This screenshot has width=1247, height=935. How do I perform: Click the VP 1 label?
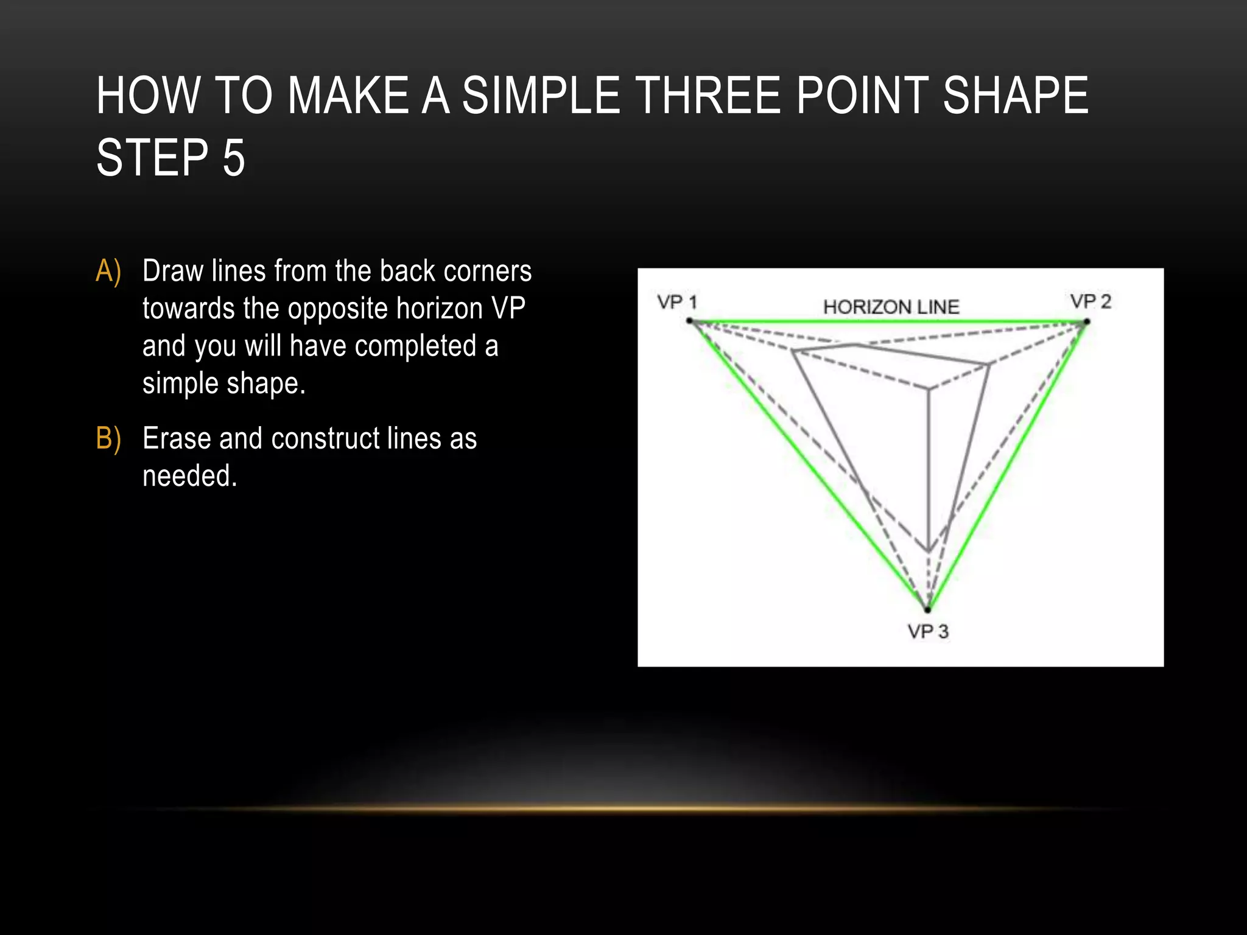(x=676, y=302)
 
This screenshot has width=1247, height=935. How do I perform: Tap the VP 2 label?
(x=1091, y=301)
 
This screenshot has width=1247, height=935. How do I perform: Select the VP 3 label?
(x=927, y=631)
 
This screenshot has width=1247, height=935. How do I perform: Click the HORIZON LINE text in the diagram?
(x=891, y=307)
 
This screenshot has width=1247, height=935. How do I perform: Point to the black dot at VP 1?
(x=689, y=321)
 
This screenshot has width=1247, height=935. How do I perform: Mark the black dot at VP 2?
(x=1087, y=322)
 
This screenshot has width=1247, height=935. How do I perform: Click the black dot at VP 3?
(x=928, y=609)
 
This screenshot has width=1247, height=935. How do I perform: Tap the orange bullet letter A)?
(x=108, y=271)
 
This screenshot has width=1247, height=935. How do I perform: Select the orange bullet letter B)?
(x=108, y=438)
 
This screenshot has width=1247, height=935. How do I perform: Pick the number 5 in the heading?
(x=233, y=158)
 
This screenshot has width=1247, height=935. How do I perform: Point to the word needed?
(x=189, y=476)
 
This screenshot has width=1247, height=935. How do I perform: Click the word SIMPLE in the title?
(x=540, y=96)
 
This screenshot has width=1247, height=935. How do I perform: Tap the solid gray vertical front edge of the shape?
(x=929, y=469)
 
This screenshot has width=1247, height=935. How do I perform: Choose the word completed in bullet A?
(x=416, y=346)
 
